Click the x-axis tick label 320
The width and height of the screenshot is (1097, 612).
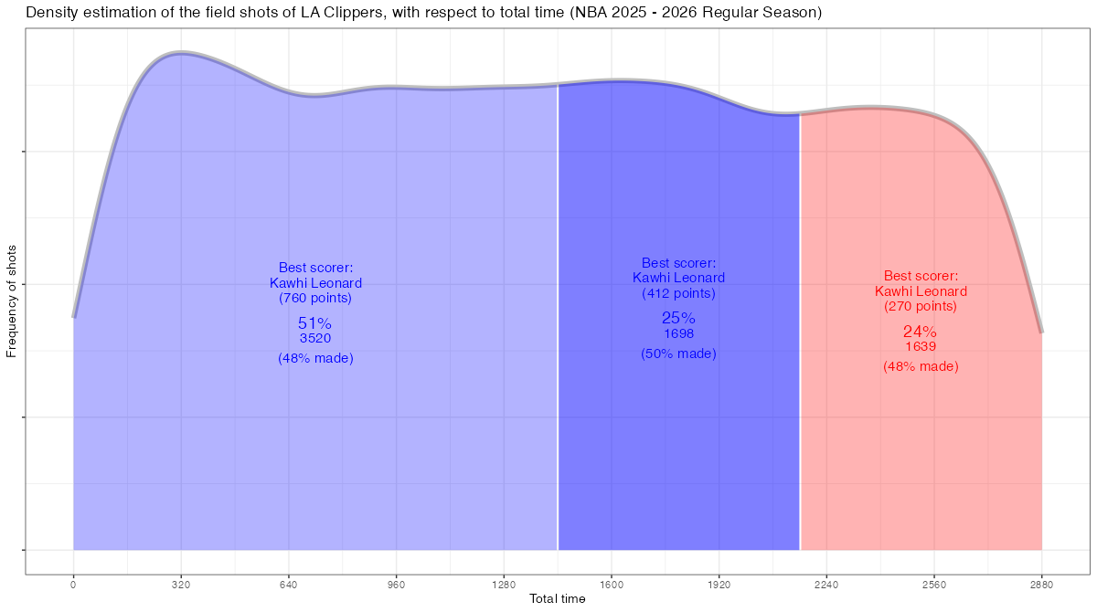click(x=181, y=585)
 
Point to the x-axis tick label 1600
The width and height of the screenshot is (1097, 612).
click(x=612, y=585)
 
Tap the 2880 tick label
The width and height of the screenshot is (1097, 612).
click(x=1041, y=585)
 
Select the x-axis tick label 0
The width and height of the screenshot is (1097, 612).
click(x=73, y=585)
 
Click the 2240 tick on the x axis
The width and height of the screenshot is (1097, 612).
click(x=826, y=585)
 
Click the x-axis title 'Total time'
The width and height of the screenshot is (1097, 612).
click(x=558, y=599)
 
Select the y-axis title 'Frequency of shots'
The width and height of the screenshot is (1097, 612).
click(x=12, y=301)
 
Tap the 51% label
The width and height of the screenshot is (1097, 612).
click(x=314, y=323)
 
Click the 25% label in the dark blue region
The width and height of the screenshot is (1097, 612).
click(x=678, y=318)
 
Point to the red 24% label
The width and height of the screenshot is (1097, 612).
click(x=920, y=332)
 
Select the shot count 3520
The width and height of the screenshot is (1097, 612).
click(x=314, y=338)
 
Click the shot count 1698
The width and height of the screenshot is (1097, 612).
click(x=678, y=333)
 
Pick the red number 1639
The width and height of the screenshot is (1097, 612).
click(x=920, y=346)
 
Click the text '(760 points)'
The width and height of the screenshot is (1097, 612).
click(x=314, y=298)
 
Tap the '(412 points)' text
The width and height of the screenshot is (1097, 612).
click(x=678, y=293)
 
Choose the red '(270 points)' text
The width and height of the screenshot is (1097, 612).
click(x=920, y=306)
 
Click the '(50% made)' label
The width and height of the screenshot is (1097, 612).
click(x=678, y=353)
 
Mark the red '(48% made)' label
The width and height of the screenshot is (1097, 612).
click(x=920, y=366)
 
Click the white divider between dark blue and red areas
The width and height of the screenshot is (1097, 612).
click(x=800, y=365)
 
